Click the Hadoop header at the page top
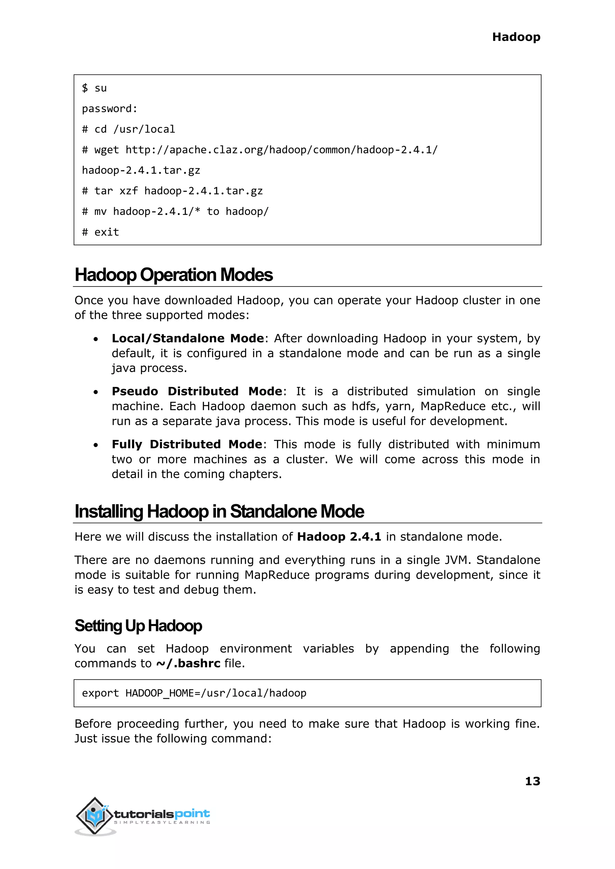pyautogui.click(x=516, y=37)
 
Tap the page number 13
pyautogui.click(x=532, y=781)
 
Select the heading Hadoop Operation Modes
pyautogui.click(x=174, y=275)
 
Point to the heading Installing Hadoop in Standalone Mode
pyautogui.click(x=219, y=512)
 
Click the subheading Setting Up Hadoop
pyautogui.click(x=138, y=626)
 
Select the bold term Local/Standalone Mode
pyautogui.click(x=187, y=338)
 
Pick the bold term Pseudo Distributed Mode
pyautogui.click(x=197, y=392)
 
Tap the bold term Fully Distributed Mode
pyautogui.click(x=187, y=444)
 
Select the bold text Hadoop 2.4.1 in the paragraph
pyautogui.click(x=339, y=537)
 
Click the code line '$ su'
pyautogui.click(x=94, y=88)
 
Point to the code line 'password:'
pyautogui.click(x=109, y=109)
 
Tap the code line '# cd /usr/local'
pyautogui.click(x=129, y=129)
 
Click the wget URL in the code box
pyautogui.click(x=281, y=150)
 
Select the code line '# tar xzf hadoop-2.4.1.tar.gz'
pyautogui.click(x=172, y=191)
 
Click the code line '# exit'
pyautogui.click(x=100, y=232)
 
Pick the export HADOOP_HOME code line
pyautogui.click(x=194, y=693)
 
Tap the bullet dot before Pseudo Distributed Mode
pyautogui.click(x=96, y=392)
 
